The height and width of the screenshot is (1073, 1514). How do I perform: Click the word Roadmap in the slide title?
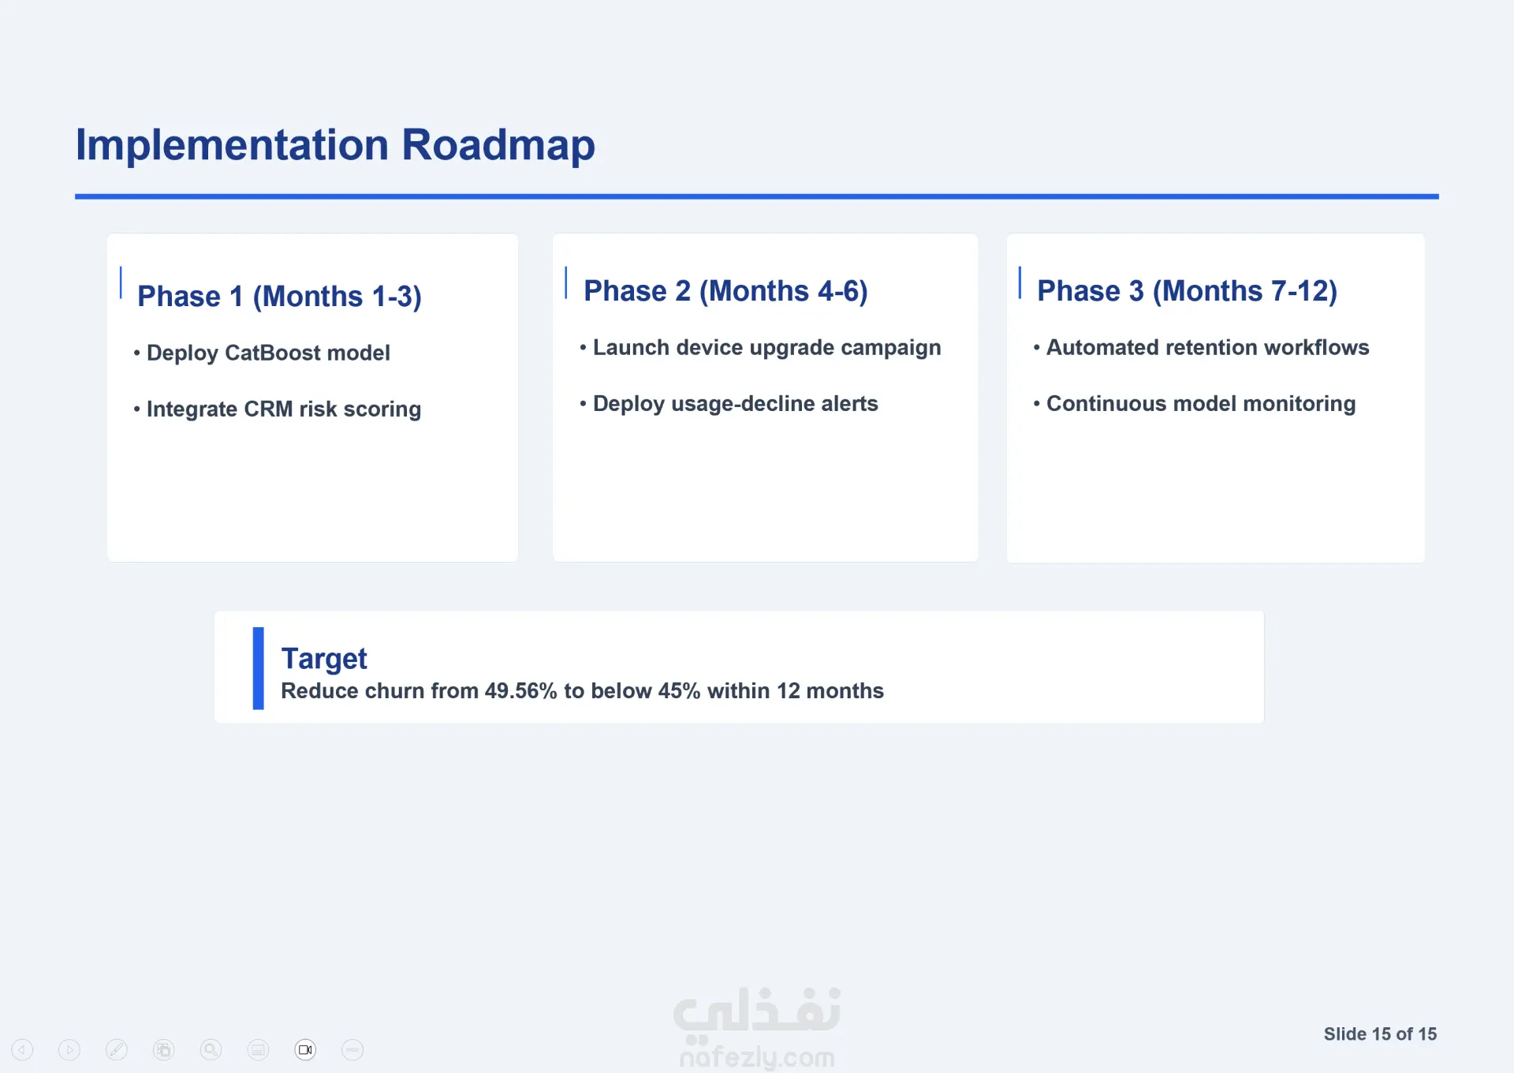(498, 145)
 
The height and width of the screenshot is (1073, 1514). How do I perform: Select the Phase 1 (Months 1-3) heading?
(279, 297)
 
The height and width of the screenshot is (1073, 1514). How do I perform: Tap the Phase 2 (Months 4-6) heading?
(725, 291)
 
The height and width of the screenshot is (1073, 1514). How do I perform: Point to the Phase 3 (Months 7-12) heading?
(1187, 291)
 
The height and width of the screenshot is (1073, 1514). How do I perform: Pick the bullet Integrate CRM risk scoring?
(278, 409)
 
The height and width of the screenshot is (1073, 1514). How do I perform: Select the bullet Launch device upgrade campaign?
(760, 348)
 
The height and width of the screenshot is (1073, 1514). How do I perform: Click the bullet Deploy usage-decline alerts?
(729, 404)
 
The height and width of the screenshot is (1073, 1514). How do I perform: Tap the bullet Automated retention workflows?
(1201, 348)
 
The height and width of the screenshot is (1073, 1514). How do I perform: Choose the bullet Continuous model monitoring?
(1195, 404)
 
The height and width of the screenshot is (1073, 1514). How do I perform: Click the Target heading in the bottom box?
(324, 659)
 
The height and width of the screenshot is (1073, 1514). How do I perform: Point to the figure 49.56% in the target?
(521, 691)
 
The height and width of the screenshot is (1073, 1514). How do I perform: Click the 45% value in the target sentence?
(679, 691)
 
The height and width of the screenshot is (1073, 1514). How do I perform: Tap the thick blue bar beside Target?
(258, 668)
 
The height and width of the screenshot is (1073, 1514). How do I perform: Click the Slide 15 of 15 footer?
(1380, 1034)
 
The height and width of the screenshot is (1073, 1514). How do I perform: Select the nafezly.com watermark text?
(757, 1056)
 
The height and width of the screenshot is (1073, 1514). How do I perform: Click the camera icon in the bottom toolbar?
(305, 1050)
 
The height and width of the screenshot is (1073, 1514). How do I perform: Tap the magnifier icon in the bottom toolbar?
(211, 1050)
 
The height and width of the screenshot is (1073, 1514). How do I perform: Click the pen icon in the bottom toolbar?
(116, 1050)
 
